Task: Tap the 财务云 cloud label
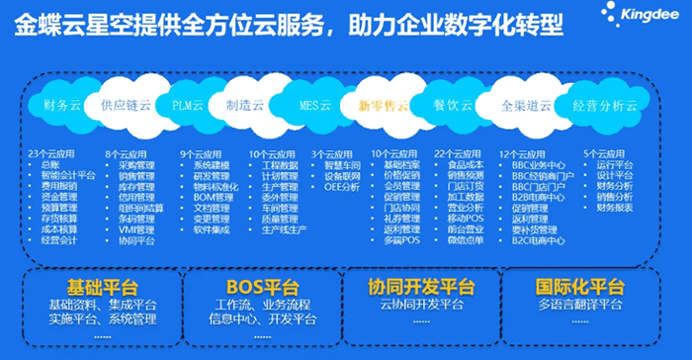[x=62, y=103]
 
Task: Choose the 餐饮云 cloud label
[x=453, y=103]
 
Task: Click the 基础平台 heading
[x=95, y=287]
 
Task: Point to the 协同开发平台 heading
[x=421, y=287]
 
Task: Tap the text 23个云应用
[x=52, y=153]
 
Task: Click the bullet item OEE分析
[x=342, y=185]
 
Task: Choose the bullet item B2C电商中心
[x=537, y=239]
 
